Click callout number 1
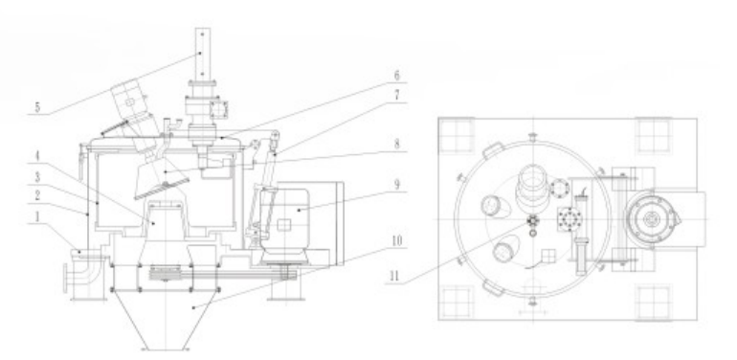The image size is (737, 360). (x=36, y=217)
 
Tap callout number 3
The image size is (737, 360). (x=37, y=177)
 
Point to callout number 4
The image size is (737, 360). (x=35, y=156)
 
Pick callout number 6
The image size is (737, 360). (x=396, y=76)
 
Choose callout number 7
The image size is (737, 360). (x=396, y=96)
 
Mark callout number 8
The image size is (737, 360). (x=396, y=144)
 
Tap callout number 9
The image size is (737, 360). (x=396, y=184)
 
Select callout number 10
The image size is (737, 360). (x=396, y=241)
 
